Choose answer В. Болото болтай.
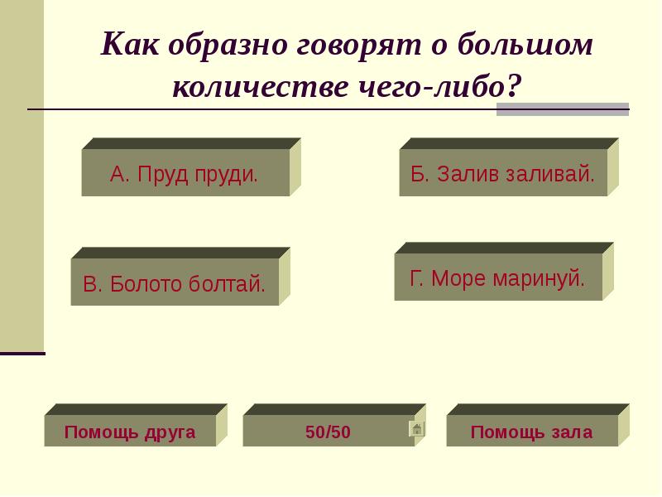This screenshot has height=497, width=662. click(x=175, y=283)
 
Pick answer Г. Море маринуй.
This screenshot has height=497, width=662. click(x=497, y=277)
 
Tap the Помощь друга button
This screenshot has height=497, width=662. click(x=130, y=432)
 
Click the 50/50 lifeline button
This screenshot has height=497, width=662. click(x=328, y=432)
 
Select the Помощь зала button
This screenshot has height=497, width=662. click(x=532, y=432)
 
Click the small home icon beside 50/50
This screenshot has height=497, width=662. click(x=417, y=428)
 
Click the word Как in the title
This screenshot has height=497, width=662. click(x=132, y=46)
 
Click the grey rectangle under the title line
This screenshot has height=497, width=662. click(x=562, y=109)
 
